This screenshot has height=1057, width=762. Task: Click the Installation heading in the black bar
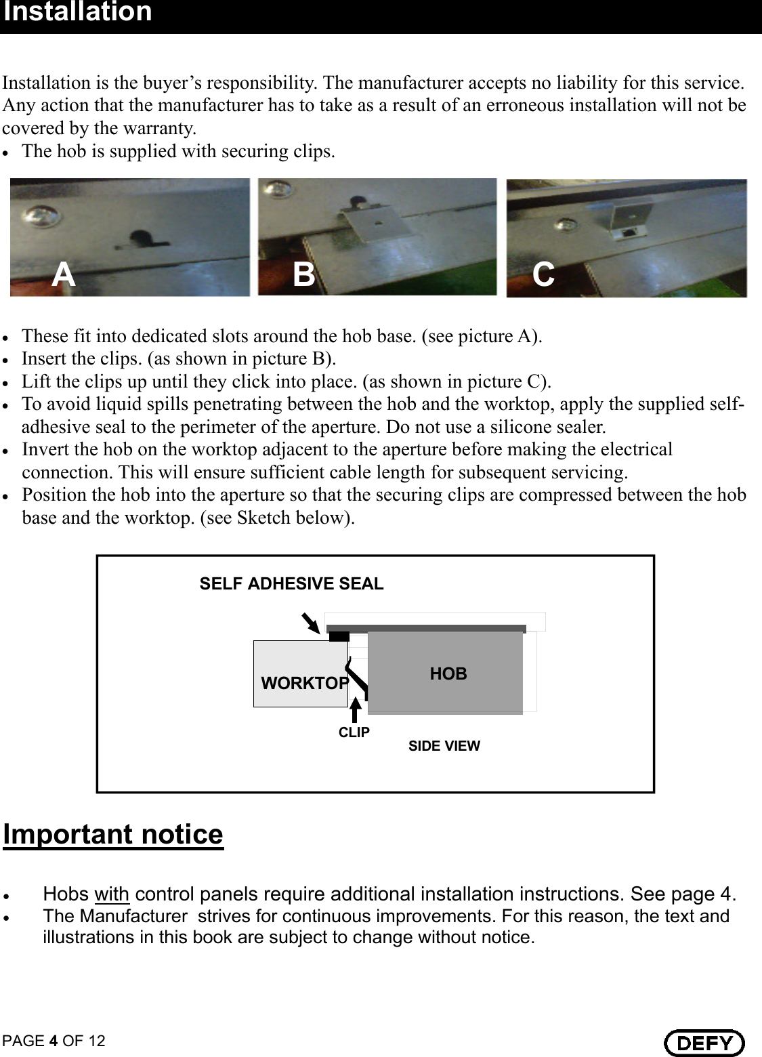tap(78, 12)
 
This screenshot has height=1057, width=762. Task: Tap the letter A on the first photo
tap(64, 274)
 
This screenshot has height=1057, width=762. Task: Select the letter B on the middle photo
tap(304, 274)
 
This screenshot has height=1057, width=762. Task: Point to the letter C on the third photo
tap(543, 274)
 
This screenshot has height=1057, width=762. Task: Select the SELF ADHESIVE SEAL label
tap(291, 583)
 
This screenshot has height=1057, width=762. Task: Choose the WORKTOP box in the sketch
tap(301, 674)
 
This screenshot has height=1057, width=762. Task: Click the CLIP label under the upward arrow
tap(354, 732)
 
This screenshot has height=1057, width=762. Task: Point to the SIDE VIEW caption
tap(444, 746)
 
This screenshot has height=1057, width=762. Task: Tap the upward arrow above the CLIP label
tap(355, 709)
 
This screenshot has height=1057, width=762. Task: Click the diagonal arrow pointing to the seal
tap(310, 622)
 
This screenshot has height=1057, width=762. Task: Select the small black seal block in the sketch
tap(339, 636)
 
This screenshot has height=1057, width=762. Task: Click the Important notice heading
tap(113, 834)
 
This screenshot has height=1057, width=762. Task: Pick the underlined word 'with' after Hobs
tap(112, 894)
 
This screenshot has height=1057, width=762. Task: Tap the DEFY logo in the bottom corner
tap(704, 1042)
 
